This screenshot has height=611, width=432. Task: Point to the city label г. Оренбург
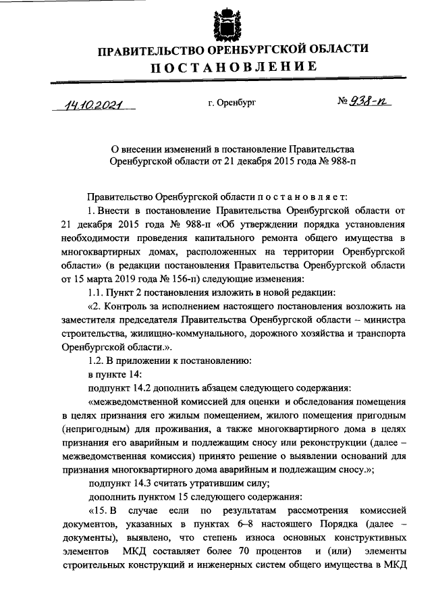tap(232, 103)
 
